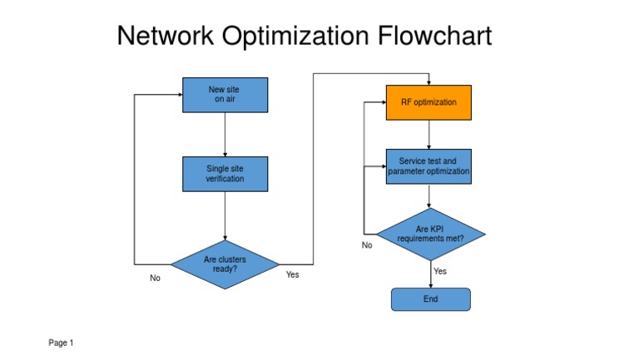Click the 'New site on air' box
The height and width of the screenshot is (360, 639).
[225, 95]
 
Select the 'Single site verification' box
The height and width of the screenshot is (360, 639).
[225, 174]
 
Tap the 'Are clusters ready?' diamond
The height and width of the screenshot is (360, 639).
[225, 264]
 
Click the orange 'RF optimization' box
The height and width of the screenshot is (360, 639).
[428, 102]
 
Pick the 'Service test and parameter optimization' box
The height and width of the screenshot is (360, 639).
[428, 166]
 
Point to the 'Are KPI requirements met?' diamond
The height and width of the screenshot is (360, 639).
[430, 234]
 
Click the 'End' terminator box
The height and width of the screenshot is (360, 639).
[430, 299]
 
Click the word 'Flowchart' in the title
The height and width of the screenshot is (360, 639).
[434, 37]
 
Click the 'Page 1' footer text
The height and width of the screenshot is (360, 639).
[61, 343]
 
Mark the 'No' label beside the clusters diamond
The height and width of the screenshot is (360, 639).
[155, 279]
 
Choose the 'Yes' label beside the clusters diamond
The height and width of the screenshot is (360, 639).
[292, 274]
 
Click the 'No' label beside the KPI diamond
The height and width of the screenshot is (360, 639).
[367, 245]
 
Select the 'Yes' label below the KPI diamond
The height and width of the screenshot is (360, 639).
[440, 271]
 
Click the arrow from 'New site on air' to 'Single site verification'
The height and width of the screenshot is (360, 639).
[225, 134]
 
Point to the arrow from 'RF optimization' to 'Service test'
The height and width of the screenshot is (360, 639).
[428, 134]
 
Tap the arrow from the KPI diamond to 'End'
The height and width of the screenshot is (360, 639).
[430, 274]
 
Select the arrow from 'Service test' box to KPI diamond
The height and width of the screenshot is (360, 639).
[428, 196]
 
